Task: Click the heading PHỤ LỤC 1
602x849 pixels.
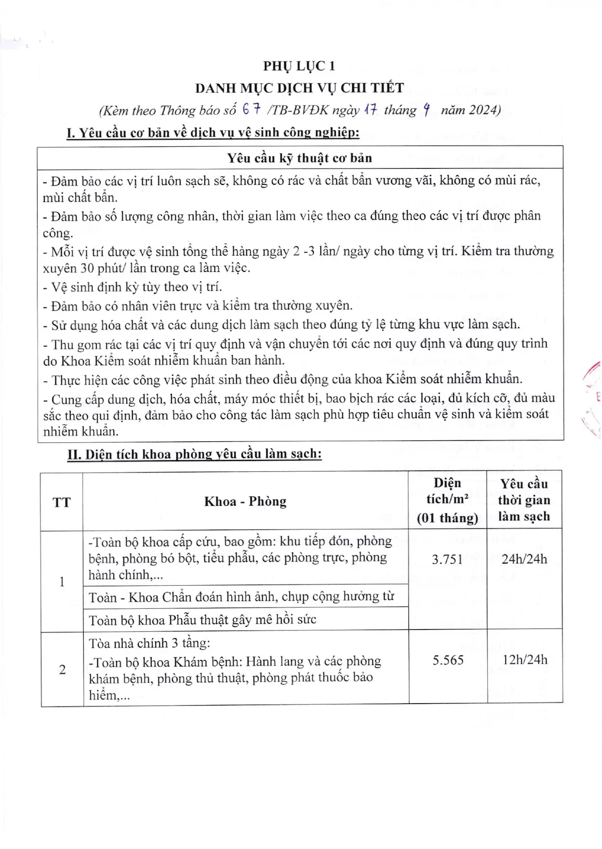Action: [299, 66]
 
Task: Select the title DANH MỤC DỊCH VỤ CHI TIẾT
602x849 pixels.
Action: [299, 88]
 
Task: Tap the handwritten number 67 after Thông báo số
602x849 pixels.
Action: [252, 110]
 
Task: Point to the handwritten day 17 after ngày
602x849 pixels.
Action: [370, 110]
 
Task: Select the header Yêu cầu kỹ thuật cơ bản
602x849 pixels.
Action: [300, 158]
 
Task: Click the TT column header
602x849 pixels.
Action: [62, 502]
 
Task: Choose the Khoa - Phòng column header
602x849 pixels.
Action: [245, 502]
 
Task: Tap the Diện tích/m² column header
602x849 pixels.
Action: [447, 500]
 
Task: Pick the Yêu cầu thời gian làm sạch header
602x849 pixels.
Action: [524, 500]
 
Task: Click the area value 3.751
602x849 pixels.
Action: [447, 559]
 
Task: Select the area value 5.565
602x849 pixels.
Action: [448, 660]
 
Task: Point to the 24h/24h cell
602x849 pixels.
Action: [524, 559]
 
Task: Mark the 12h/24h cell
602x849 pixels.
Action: [524, 659]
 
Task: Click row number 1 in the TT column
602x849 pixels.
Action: [62, 582]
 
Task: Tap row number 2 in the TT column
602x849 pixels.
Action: [62, 669]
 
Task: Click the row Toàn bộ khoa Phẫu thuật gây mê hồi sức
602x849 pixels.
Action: [202, 620]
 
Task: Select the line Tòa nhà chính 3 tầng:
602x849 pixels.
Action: [149, 643]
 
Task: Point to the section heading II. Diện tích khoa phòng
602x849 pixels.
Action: [194, 454]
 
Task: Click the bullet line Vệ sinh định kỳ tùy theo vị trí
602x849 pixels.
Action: [133, 287]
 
